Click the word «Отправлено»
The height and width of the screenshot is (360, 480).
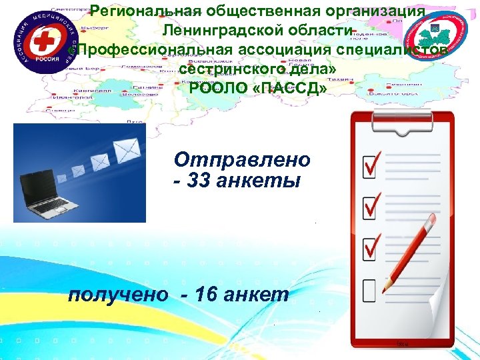point(242,161)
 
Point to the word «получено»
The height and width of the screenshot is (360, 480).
point(118,294)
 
